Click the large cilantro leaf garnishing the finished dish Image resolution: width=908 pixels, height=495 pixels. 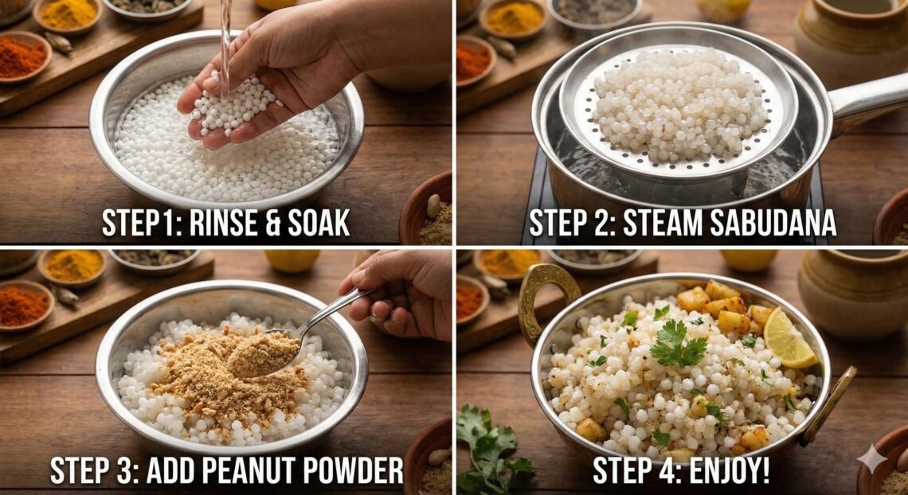[676, 346]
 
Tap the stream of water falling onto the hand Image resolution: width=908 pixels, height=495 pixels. [225, 40]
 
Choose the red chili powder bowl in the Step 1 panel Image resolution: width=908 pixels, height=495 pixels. [22, 58]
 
